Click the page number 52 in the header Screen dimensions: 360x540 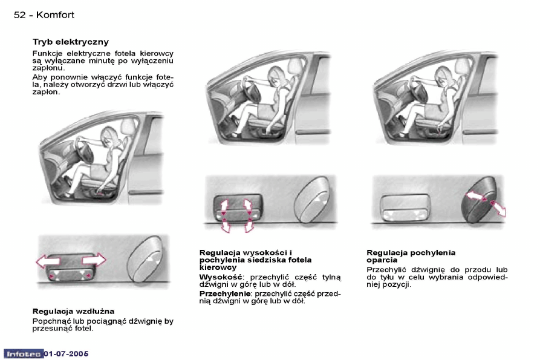(19, 15)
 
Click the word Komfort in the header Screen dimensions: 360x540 (55, 15)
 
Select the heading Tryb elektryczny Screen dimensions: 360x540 (70, 42)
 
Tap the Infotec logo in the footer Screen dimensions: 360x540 (23, 353)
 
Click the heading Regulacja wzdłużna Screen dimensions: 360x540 (73, 311)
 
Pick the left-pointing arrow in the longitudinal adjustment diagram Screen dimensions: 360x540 (48, 261)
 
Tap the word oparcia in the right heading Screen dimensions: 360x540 (382, 260)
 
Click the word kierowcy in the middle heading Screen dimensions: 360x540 (218, 267)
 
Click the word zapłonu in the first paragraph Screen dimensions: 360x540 (48, 68)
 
